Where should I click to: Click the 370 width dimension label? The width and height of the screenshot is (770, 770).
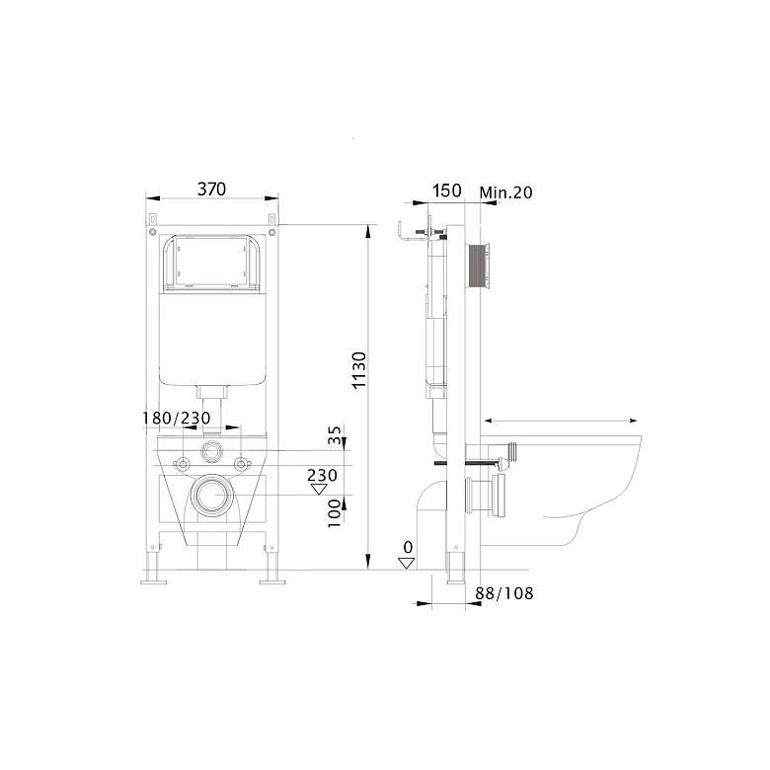pyautogui.click(x=211, y=190)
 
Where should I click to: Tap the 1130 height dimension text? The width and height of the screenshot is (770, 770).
pyautogui.click(x=359, y=370)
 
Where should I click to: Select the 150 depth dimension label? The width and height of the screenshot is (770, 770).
pyautogui.click(x=447, y=191)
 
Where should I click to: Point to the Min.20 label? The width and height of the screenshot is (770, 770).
pyautogui.click(x=505, y=192)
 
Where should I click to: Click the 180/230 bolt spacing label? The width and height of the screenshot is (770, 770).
pyautogui.click(x=177, y=418)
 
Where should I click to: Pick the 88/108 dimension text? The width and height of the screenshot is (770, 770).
pyautogui.click(x=504, y=593)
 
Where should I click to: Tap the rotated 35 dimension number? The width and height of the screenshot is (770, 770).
pyautogui.click(x=335, y=435)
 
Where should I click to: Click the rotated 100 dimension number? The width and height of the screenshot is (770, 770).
pyautogui.click(x=335, y=513)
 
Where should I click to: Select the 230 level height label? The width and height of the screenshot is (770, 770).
pyautogui.click(x=322, y=475)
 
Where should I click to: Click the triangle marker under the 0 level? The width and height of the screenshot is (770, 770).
pyautogui.click(x=407, y=563)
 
